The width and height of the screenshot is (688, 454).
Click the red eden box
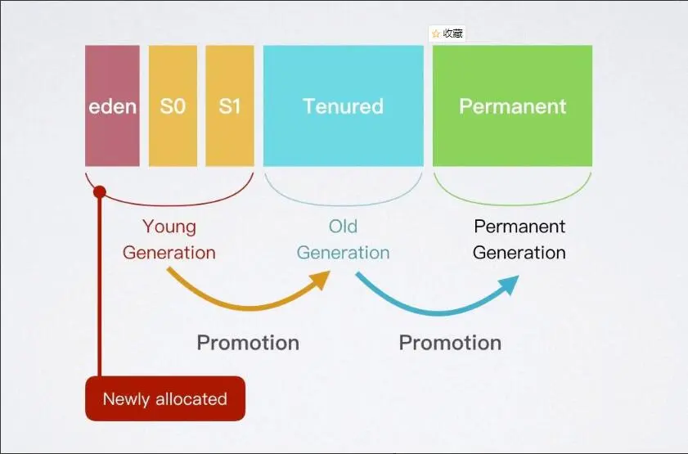(112, 106)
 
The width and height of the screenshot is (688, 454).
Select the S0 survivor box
(173, 106)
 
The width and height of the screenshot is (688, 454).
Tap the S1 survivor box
(230, 106)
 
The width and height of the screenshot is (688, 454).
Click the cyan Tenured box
(343, 106)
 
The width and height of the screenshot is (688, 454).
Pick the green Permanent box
(512, 106)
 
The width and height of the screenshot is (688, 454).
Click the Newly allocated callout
(164, 399)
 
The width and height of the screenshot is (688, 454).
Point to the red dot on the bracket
(100, 192)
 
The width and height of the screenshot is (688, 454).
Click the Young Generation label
(169, 239)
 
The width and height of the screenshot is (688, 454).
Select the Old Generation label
(343, 239)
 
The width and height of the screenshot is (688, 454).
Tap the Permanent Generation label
(519, 239)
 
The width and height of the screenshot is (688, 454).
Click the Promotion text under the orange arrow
(248, 342)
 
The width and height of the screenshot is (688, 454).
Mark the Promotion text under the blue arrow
(450, 342)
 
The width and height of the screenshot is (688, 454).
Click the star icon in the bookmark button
(436, 34)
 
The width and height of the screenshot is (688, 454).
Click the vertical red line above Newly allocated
(100, 286)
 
